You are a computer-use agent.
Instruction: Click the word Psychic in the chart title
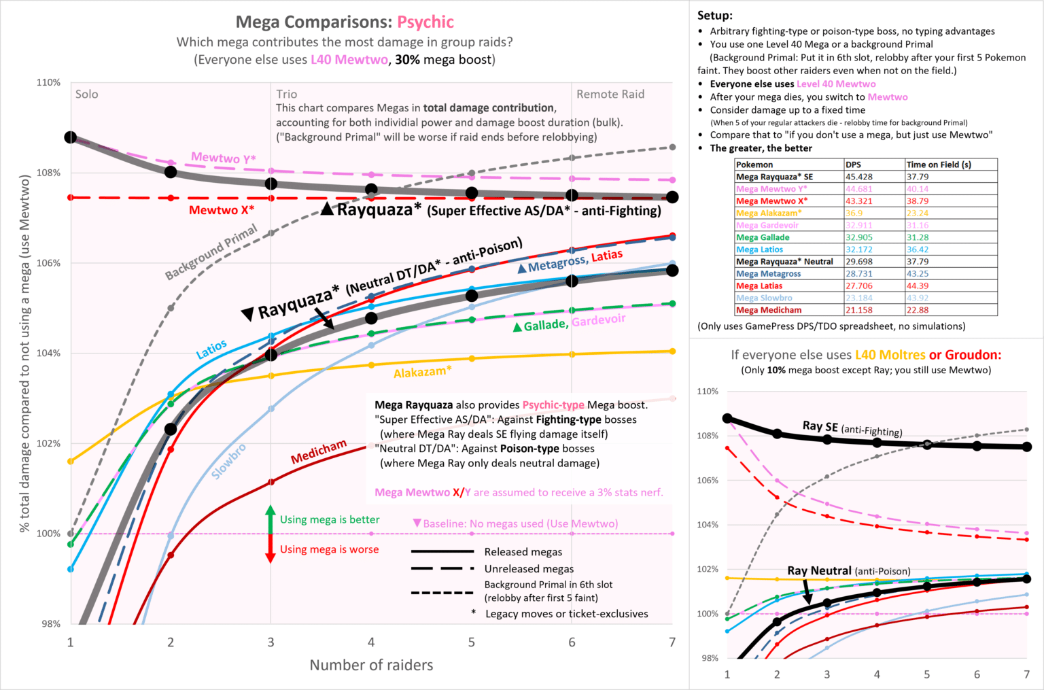[425, 22]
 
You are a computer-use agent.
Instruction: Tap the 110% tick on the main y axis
[48, 82]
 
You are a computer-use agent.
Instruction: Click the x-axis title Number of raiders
[371, 665]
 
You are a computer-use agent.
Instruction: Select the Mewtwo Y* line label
[223, 158]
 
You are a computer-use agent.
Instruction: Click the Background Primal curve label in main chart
[211, 252]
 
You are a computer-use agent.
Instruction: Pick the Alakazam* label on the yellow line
[422, 372]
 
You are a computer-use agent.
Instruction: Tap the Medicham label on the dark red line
[319, 451]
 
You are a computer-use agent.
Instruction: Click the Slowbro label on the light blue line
[229, 462]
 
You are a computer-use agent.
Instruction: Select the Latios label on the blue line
[211, 349]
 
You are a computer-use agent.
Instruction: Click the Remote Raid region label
[610, 94]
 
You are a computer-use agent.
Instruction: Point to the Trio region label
[286, 94]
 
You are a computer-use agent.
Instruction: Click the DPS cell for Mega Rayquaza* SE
[858, 177]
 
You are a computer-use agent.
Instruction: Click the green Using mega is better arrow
[270, 519]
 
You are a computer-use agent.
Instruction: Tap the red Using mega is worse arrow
[270, 549]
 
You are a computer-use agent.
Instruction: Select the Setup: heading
[715, 15]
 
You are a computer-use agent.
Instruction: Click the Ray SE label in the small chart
[820, 426]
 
